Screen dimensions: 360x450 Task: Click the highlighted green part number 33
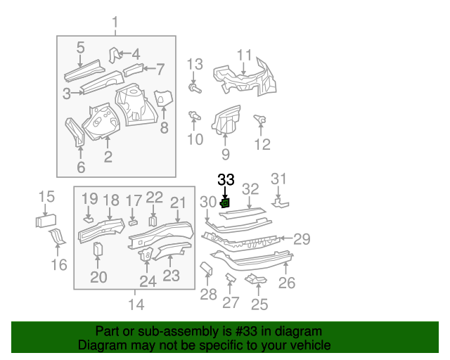pos(225,203)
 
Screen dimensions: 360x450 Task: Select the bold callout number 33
pos(226,181)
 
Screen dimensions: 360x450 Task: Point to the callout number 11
pos(244,55)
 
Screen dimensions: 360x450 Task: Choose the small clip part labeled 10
pos(193,115)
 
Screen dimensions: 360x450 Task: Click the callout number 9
pos(225,154)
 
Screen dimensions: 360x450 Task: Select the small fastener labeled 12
pos(259,120)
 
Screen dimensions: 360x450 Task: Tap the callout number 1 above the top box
pos(116,25)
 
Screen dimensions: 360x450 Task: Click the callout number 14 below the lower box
pos(136,304)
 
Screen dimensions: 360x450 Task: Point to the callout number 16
pos(59,264)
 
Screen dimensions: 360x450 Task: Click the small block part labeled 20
pos(98,249)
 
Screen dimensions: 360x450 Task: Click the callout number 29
pos(302,239)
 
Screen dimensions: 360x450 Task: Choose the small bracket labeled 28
pos(207,270)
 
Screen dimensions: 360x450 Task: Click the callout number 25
pos(259,304)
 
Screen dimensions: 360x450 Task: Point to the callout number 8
pos(164,127)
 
